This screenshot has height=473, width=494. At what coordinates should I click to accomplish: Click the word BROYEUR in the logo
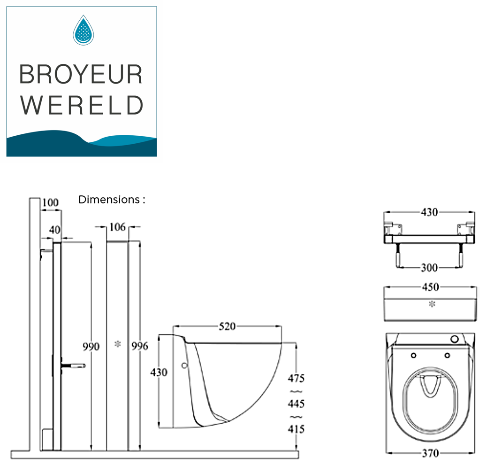[x=81, y=74]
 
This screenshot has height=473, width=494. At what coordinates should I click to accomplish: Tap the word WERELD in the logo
[x=82, y=105]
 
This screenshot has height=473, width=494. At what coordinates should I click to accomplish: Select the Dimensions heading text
[x=112, y=199]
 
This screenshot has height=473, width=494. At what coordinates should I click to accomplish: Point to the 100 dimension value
[x=50, y=203]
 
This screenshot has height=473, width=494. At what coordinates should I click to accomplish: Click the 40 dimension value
[x=55, y=230]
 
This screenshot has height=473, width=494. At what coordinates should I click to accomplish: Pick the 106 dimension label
[x=117, y=227]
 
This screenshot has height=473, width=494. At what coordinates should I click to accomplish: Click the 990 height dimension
[x=91, y=347]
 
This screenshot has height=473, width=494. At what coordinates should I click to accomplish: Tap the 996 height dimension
[x=140, y=347]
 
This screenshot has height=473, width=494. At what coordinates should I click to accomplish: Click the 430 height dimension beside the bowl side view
[x=159, y=372]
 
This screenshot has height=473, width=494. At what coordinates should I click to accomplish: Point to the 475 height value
[x=296, y=378]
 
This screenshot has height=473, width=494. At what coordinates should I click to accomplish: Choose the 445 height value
[x=296, y=403]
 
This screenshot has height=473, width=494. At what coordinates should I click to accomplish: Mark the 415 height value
[x=296, y=429]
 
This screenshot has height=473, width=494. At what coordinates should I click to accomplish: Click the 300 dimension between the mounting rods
[x=428, y=268]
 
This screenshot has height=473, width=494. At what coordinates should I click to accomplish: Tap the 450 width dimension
[x=430, y=287]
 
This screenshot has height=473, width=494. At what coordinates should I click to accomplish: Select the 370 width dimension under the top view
[x=430, y=453]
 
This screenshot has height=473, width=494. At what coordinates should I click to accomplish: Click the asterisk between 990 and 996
[x=117, y=345]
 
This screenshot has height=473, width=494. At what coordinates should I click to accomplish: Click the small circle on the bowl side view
[x=184, y=365]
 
